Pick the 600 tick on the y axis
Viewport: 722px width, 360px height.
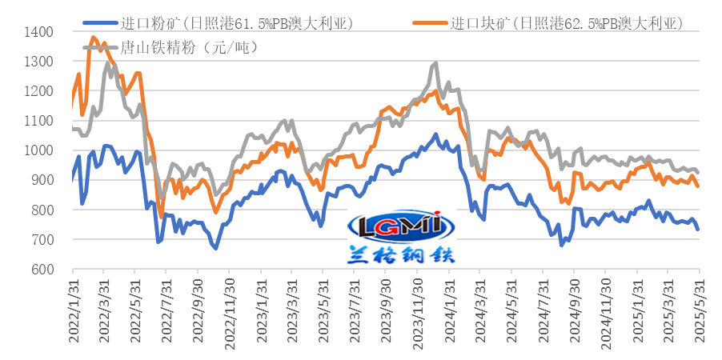coord(42,270)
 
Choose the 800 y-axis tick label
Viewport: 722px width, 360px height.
coord(42,210)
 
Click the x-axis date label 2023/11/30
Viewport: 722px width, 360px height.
coord(418,312)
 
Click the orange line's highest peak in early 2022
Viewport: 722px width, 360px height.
coord(94,37)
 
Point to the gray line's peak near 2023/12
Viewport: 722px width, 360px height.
coord(435,62)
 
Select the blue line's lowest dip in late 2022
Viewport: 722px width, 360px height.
coord(215,248)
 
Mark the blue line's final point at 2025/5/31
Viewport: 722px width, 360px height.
coord(698,230)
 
